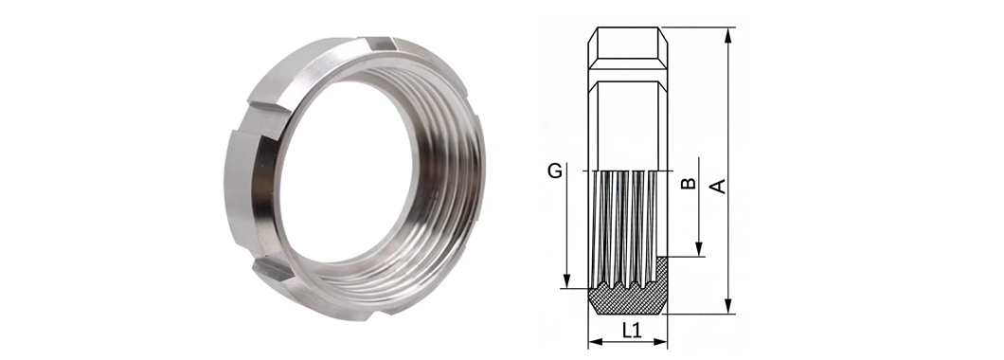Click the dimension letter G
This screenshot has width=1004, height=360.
click(x=555, y=171)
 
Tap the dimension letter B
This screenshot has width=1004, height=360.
click(x=688, y=183)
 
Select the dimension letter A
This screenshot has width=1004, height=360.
click(x=719, y=186)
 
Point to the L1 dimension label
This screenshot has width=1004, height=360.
click(x=632, y=330)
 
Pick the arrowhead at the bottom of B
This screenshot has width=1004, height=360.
click(x=699, y=249)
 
